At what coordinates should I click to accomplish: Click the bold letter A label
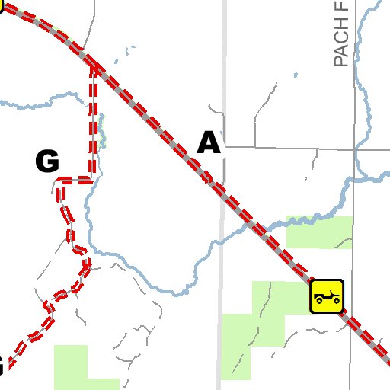tap(209, 143)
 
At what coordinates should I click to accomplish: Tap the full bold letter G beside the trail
tap(47, 161)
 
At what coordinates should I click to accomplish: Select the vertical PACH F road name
tap(340, 34)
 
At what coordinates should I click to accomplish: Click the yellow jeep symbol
tap(327, 296)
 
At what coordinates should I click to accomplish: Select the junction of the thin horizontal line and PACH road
tap(355, 149)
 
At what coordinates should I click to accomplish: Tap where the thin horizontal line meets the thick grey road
tap(222, 147)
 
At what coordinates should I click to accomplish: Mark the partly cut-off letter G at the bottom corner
tap(2, 366)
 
